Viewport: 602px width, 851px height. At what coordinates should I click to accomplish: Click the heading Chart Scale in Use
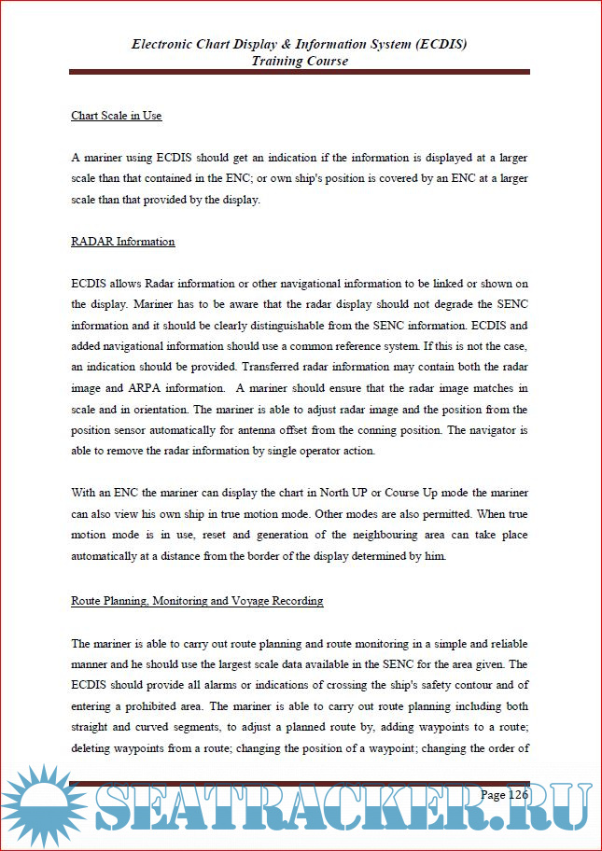coord(117,117)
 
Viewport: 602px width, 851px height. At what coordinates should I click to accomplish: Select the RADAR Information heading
coord(123,242)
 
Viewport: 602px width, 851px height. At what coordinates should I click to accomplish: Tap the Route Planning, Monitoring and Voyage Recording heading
coord(197,601)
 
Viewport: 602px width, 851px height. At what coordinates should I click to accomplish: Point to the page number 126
coord(505,795)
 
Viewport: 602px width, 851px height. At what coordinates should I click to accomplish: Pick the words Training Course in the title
coord(300,61)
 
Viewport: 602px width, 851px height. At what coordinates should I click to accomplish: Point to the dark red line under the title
coord(300,72)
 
